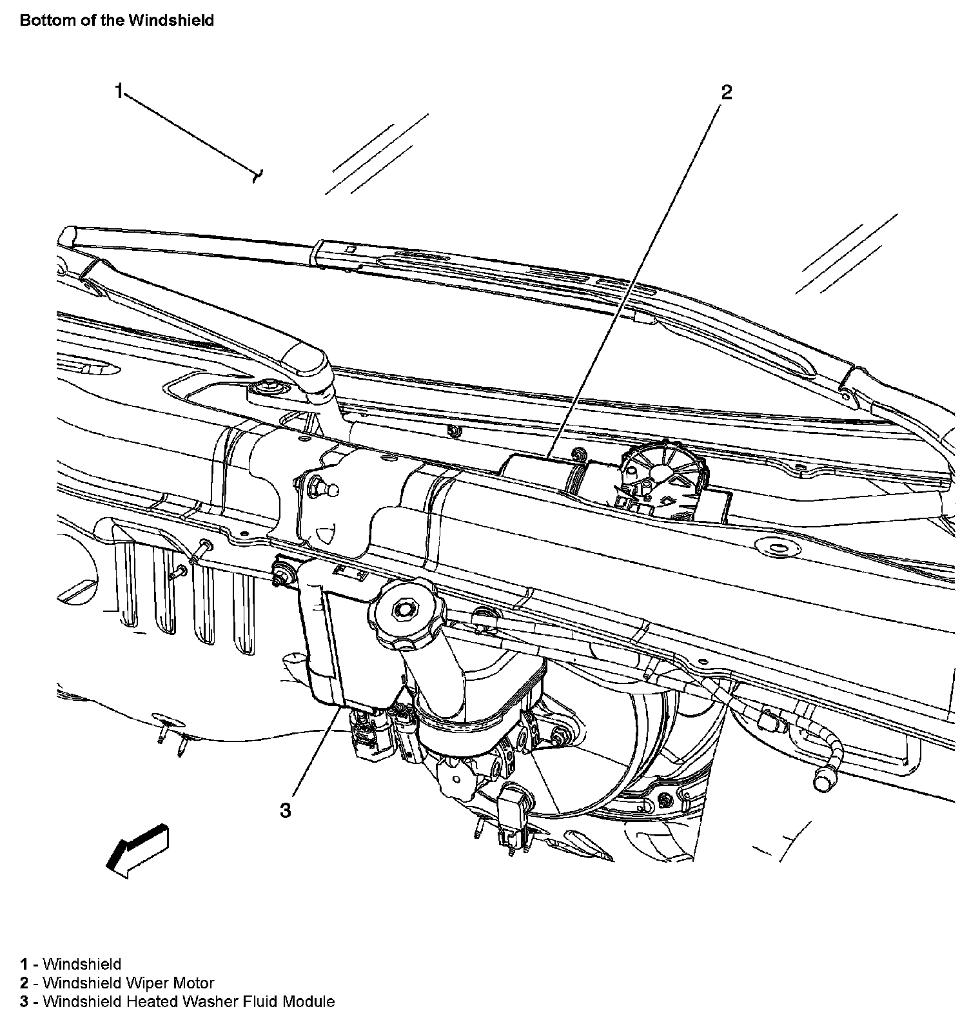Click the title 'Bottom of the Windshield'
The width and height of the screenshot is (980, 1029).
[117, 20]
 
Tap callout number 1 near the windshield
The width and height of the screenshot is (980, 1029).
[119, 91]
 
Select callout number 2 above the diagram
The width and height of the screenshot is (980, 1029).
[727, 93]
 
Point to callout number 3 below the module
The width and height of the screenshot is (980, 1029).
[285, 810]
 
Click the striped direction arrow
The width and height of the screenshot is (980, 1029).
[137, 849]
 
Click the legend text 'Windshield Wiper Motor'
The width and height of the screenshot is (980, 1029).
[128, 983]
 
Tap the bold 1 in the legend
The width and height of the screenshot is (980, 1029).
[24, 965]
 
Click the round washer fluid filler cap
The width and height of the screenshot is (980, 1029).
[404, 609]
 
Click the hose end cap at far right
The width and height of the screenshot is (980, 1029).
[823, 781]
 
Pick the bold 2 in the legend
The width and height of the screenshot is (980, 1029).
[24, 983]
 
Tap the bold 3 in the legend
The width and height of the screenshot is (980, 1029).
[24, 1002]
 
